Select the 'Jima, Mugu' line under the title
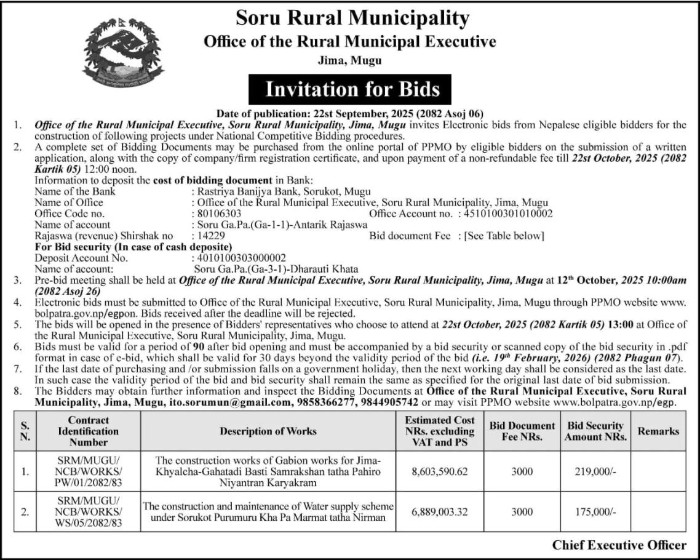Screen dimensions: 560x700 349,60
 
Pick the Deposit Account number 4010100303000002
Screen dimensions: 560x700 239,258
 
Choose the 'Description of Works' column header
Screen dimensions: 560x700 268,431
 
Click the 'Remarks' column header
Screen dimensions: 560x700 658,431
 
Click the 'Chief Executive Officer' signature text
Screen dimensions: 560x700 619,545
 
